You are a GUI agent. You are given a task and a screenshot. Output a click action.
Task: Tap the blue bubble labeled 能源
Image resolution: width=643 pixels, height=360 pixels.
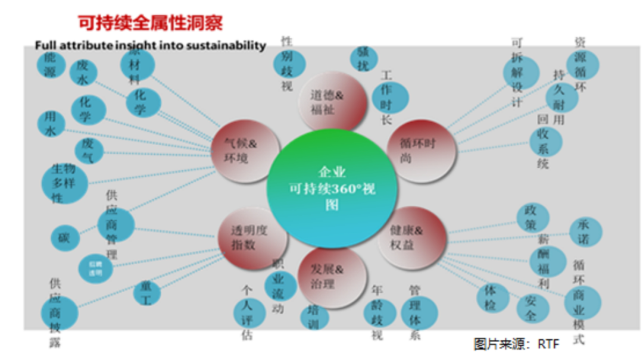pyautogui.click(x=51, y=64)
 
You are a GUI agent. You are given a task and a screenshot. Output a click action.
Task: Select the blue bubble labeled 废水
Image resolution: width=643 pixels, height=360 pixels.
pyautogui.click(x=83, y=73)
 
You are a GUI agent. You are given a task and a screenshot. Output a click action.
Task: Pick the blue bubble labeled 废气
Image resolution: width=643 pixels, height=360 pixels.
pyautogui.click(x=89, y=151)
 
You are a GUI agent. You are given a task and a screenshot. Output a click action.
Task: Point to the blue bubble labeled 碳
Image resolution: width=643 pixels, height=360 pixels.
pyautogui.click(x=65, y=237)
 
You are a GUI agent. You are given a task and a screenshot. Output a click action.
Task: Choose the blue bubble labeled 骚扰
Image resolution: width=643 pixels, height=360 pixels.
pyautogui.click(x=363, y=59)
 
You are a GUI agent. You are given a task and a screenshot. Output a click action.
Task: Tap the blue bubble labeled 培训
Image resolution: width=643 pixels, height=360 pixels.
pyautogui.click(x=315, y=317)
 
